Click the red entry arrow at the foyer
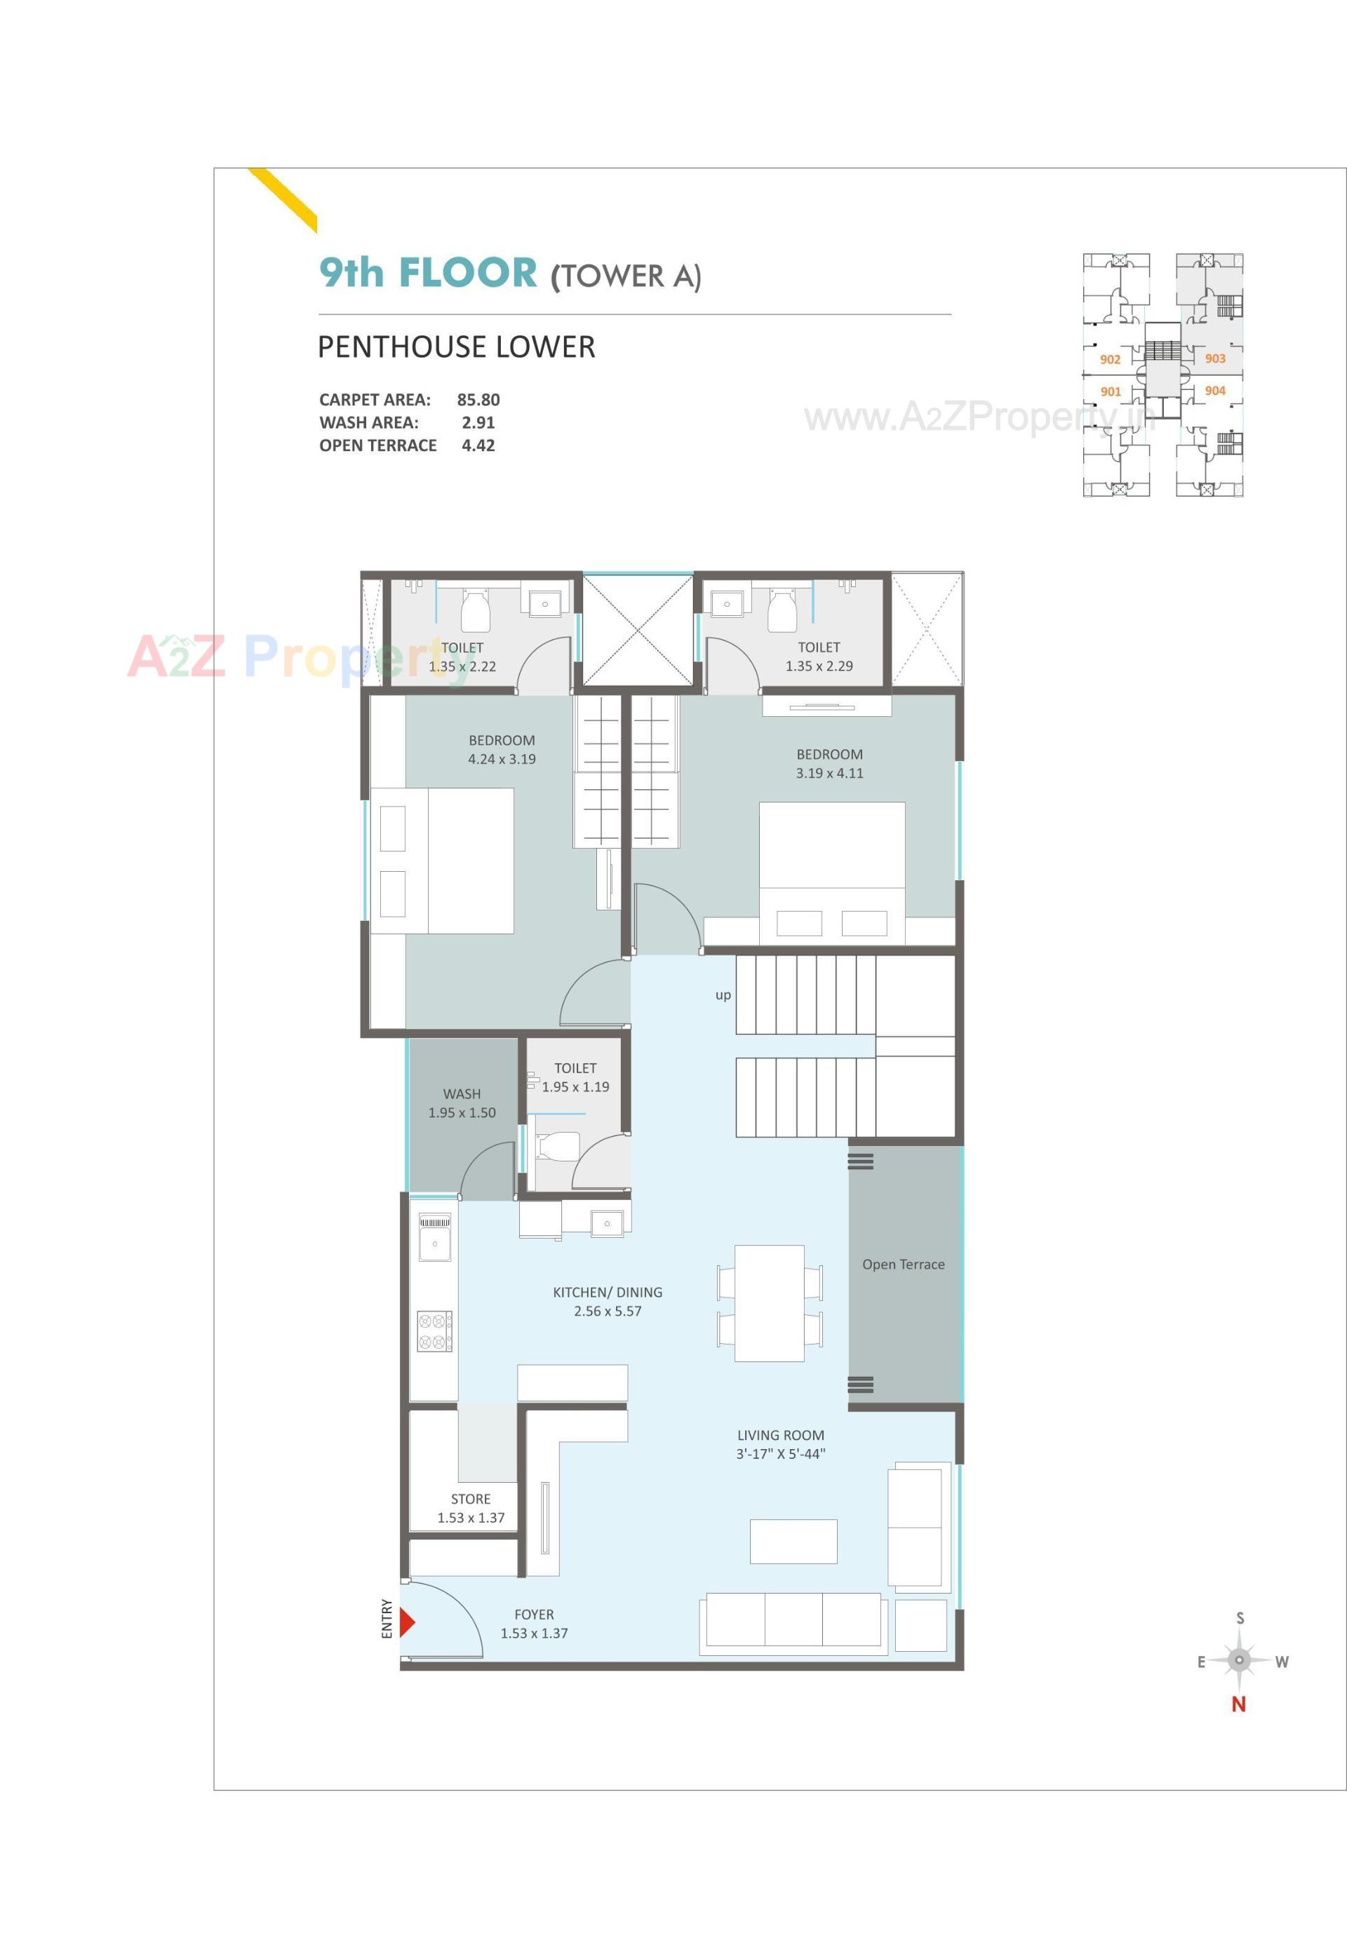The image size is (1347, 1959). click(407, 1622)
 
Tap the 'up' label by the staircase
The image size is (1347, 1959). click(723, 995)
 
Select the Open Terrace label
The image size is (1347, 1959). click(903, 1264)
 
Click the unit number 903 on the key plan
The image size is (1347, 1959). click(1214, 358)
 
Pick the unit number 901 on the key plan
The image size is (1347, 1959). click(1110, 391)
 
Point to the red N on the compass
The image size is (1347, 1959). click(1238, 1704)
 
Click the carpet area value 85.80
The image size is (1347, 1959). click(478, 400)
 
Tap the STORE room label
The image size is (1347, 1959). click(470, 1498)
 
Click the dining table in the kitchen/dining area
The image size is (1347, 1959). click(769, 1302)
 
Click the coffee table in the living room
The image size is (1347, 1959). click(793, 1542)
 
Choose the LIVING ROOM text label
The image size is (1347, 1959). click(781, 1434)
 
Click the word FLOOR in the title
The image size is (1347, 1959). click(467, 273)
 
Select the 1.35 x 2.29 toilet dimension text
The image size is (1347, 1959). click(819, 666)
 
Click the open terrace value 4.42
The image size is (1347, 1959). click(478, 445)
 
